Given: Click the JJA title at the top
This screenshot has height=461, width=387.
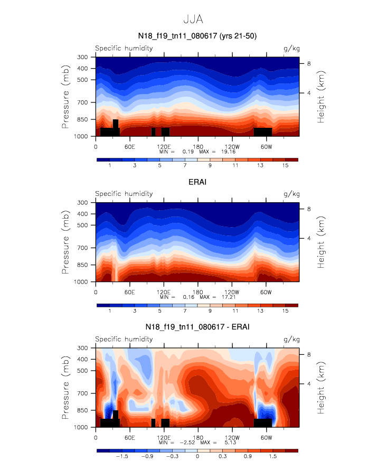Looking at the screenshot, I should tap(193, 19).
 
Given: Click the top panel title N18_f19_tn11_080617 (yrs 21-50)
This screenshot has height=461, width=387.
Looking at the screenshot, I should tap(193, 36).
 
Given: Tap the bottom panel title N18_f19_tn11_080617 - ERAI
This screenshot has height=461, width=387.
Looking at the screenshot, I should tap(193, 327).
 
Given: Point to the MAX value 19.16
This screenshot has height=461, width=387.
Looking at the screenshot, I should tap(228, 151).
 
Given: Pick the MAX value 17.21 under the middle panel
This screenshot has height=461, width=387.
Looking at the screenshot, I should tap(228, 297).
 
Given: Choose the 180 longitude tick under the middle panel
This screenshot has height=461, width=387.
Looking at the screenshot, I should tap(198, 292).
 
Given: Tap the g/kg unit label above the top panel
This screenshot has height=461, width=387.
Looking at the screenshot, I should tap(291, 49).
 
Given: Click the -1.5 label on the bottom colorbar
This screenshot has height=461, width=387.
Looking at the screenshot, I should tap(121, 457).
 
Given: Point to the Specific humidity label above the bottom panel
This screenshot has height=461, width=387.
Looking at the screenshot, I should tap(124, 340).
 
